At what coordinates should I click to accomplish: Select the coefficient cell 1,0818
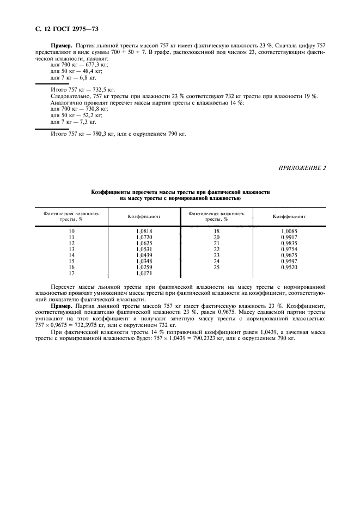coord(144,232)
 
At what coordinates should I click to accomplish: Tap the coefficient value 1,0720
coord(144,238)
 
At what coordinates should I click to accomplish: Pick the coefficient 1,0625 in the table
coord(144,244)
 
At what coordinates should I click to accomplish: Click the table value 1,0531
coord(144,250)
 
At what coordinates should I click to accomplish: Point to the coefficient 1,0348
coord(144,262)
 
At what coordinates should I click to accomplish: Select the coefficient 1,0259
coord(144,268)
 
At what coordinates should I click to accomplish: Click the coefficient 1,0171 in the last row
coord(144,274)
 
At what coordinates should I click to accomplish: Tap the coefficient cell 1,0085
coord(289,232)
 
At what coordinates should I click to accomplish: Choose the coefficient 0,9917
coord(289,238)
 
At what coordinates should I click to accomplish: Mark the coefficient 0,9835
coord(289,244)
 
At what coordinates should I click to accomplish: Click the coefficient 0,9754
coord(289,250)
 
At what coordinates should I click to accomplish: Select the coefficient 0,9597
coord(289,262)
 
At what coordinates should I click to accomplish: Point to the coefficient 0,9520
coord(289,268)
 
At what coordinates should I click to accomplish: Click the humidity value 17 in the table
coord(71,274)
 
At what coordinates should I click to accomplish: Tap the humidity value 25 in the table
coord(216,268)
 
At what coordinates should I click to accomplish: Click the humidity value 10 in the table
coord(71,232)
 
